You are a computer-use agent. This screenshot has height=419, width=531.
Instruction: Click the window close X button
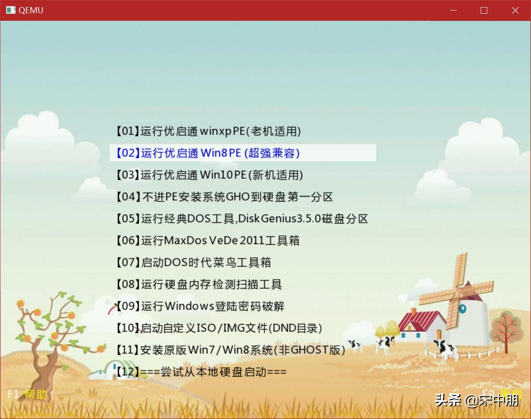[515, 11]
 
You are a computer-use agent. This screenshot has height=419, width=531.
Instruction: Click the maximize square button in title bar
[484, 11]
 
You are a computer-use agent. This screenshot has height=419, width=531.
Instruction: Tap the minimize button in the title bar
[453, 11]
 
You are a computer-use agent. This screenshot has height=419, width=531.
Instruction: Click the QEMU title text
[31, 11]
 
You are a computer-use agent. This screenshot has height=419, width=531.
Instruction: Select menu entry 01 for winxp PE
[208, 131]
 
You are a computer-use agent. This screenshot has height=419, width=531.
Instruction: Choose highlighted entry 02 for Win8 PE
[208, 153]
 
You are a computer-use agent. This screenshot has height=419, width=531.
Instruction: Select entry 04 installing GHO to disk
[224, 197]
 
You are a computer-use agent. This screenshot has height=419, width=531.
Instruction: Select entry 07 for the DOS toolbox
[193, 263]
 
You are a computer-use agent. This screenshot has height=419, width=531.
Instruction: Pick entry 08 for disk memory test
[199, 284]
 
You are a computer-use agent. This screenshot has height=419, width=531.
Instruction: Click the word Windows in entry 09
[190, 306]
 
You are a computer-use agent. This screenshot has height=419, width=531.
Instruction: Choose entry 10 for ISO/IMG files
[219, 328]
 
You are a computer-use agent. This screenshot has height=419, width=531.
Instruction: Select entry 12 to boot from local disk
[201, 372]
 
